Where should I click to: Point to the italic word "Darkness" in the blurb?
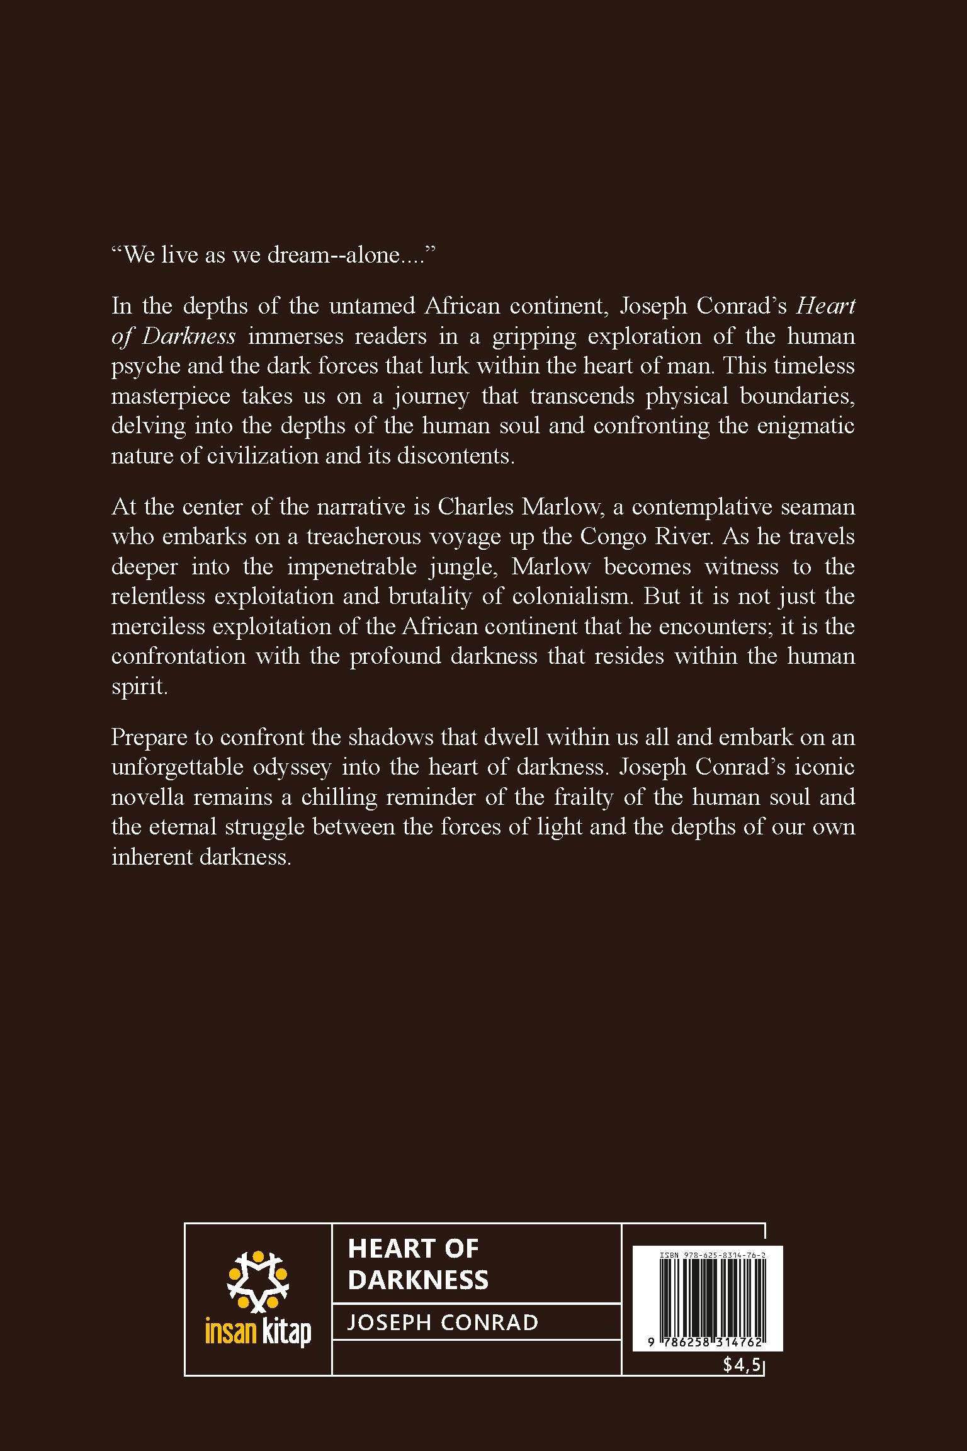pos(189,336)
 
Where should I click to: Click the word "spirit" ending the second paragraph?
pos(139,686)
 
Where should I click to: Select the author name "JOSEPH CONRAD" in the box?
pos(443,1322)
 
